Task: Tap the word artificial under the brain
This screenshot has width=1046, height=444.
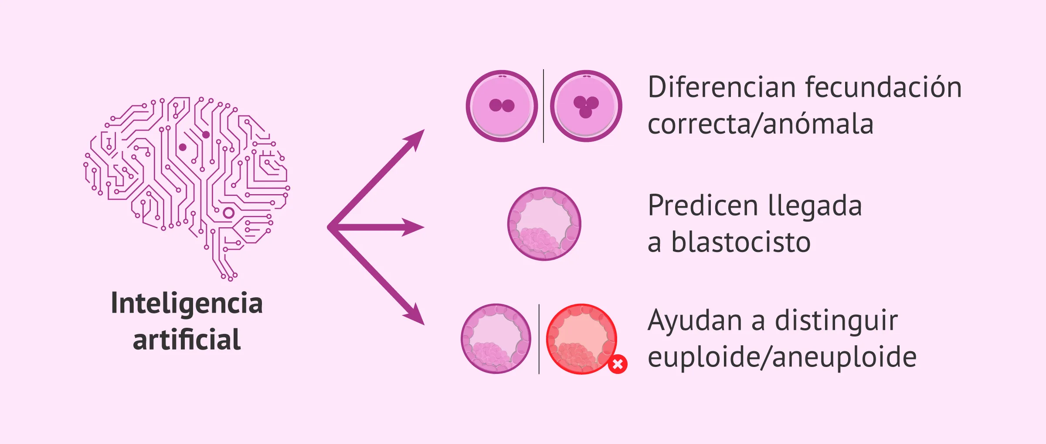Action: click(187, 339)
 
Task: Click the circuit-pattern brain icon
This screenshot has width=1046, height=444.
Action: click(187, 188)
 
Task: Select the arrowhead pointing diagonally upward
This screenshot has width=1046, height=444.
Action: click(415, 139)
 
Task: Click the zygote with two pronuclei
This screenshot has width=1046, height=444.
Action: click(502, 106)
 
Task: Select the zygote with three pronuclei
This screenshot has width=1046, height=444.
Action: click(586, 106)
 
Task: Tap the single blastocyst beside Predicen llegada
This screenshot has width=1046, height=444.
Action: click(544, 224)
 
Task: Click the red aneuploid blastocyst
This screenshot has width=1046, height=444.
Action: click(581, 339)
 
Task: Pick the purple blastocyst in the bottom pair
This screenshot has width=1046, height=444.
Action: click(496, 339)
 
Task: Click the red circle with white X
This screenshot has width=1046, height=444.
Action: click(618, 364)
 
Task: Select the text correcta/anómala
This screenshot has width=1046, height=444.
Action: click(761, 124)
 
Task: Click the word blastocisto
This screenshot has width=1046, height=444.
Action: click(741, 242)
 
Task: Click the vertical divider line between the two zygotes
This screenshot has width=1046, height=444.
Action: click(543, 106)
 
